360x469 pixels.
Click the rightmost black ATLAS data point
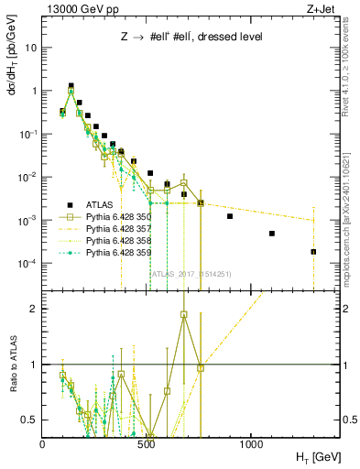(313, 252)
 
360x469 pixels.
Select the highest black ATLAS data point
(71, 86)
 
